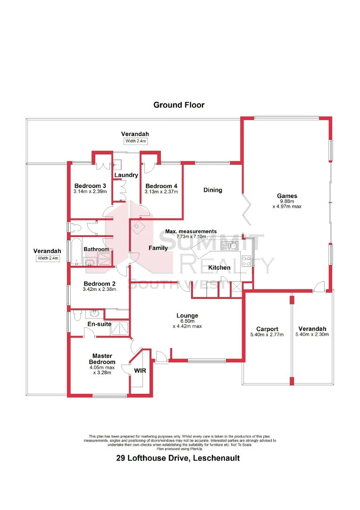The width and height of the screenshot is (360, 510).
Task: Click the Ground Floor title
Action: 179,105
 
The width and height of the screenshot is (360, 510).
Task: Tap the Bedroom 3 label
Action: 90,185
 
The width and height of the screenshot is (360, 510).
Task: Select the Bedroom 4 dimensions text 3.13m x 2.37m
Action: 161,192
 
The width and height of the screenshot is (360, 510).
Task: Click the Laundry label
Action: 126,175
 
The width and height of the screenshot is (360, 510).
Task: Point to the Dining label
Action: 212,190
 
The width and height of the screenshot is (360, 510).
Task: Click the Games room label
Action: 287,196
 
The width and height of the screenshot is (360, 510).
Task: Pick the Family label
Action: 158,248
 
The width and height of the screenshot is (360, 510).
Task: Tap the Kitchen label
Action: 219,268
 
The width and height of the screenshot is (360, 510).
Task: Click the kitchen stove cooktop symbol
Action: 246,260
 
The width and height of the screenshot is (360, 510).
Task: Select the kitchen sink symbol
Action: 233,245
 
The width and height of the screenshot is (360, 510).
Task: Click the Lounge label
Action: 187,316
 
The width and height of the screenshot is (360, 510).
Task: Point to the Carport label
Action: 267,329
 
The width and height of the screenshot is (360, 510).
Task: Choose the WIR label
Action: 140,371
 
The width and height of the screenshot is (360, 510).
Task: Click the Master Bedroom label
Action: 102,359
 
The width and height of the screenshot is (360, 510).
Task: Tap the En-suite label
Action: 99,324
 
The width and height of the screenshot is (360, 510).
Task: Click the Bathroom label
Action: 96,249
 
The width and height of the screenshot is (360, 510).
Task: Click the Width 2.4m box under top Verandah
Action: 135,141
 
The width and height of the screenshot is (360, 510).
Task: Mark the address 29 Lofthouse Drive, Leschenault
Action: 178,458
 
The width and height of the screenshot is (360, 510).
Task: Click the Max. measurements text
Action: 191,231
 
